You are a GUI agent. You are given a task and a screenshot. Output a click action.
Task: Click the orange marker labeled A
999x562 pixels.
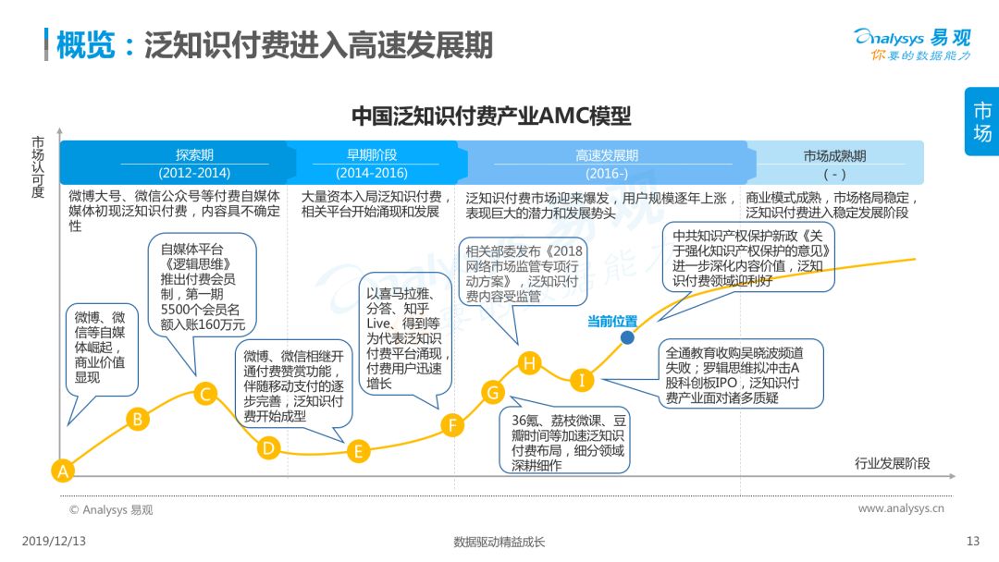(x=63, y=471)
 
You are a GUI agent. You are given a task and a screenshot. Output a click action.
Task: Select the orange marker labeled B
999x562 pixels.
(x=138, y=419)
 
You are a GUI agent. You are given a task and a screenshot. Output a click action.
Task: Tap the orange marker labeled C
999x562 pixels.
(x=205, y=394)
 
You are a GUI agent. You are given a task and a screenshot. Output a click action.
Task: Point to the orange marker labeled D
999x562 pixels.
(x=268, y=448)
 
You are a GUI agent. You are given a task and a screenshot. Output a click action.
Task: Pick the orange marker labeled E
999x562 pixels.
(x=358, y=451)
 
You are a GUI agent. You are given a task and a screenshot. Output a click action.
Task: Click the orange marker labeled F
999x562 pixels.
(x=452, y=424)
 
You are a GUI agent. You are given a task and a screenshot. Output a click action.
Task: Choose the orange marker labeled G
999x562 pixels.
(x=492, y=392)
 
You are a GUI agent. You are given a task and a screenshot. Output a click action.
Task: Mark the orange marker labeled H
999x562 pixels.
(x=529, y=362)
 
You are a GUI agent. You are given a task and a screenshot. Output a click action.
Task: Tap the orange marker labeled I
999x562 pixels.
(x=581, y=379)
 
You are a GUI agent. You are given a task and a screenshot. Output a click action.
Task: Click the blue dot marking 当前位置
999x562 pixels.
(x=627, y=337)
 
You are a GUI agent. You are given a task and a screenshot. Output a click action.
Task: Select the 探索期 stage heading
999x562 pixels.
(x=194, y=154)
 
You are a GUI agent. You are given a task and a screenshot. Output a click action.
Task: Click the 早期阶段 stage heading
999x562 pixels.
(x=372, y=154)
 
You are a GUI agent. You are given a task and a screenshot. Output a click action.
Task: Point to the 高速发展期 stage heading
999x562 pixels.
(x=607, y=155)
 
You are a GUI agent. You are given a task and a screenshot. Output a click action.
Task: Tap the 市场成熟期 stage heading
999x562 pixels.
(x=834, y=156)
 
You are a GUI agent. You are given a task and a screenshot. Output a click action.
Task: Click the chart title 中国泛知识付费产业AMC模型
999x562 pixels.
(x=491, y=116)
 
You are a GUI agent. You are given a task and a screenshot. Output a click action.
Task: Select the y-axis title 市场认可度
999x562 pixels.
(x=38, y=166)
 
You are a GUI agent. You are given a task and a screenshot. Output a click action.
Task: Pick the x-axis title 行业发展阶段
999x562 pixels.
(x=892, y=463)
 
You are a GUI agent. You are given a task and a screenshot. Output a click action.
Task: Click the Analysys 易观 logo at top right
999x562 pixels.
(x=913, y=44)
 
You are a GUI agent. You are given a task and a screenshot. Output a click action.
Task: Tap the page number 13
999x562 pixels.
(x=973, y=541)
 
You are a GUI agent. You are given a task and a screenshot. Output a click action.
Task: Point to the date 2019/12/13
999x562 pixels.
(x=54, y=541)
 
